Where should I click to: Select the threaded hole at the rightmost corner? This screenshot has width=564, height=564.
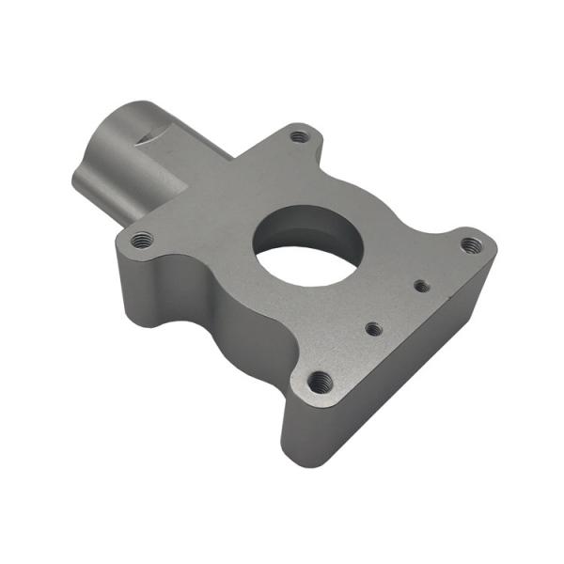[x=472, y=245]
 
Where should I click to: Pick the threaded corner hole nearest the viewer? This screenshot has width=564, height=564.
[x=321, y=381]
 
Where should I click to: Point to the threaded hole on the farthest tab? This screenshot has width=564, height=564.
[x=299, y=136]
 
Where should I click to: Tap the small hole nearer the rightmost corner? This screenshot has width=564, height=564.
[x=422, y=284]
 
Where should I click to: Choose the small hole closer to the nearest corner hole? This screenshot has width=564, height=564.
[x=373, y=328]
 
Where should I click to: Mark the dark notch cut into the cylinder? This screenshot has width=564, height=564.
[x=149, y=138]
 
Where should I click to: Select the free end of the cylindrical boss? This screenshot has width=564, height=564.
[x=79, y=179]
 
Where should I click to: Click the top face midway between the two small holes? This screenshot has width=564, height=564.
[x=398, y=306]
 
